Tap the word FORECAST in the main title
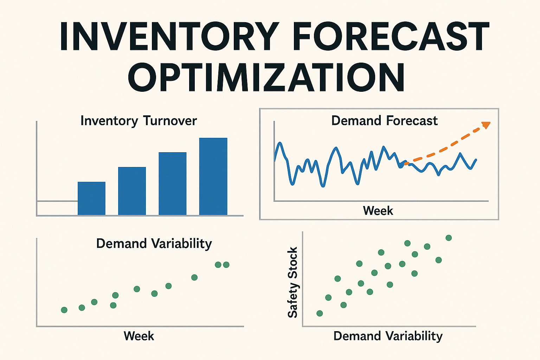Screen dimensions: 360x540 point(391,37)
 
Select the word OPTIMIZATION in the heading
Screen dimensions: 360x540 point(266,78)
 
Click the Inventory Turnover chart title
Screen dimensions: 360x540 point(139,121)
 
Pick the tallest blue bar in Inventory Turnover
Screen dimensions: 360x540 point(213,176)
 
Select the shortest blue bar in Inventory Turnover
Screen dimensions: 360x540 point(91,198)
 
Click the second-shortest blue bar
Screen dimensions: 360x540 point(132,191)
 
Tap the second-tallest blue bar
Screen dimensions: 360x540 point(173,184)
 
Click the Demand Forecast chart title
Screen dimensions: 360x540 point(384,121)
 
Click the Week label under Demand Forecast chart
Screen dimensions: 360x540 point(378,211)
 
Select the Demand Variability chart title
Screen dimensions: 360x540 point(154,244)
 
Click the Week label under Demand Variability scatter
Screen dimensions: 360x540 point(139,336)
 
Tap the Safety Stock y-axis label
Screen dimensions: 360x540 point(292,282)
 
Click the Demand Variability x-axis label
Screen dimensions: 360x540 point(388,336)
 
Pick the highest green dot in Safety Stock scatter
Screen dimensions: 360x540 point(449,238)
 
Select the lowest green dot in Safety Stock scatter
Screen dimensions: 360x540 point(320,313)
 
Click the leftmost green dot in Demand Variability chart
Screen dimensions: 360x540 point(64,310)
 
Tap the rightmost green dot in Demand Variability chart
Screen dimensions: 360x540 point(226,265)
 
